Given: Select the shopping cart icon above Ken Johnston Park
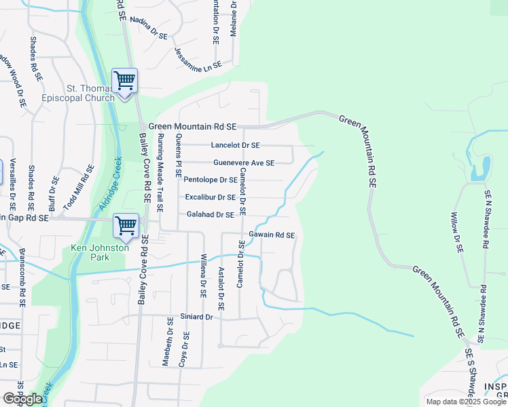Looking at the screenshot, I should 126,227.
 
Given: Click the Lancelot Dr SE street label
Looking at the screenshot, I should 235,145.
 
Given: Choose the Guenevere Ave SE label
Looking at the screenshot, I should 243,163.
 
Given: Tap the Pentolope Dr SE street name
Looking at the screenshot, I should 211,180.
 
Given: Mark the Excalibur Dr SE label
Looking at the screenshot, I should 211,197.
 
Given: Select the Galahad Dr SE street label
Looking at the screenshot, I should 210,214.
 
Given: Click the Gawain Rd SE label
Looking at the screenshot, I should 271,235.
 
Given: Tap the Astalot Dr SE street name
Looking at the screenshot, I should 221,285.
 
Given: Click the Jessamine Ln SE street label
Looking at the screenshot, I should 198,58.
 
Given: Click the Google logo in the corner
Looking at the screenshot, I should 22,399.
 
